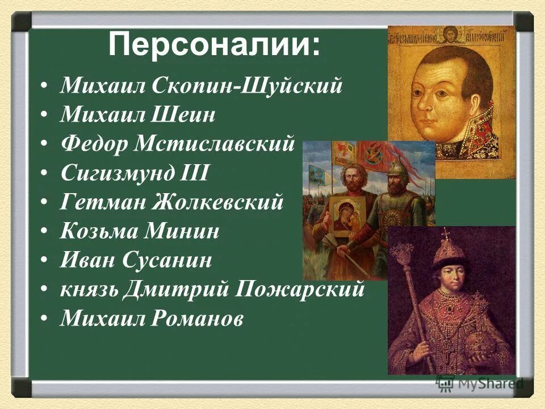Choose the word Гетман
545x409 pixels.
pos(97,203)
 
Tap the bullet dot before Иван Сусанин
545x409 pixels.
pos(44,261)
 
